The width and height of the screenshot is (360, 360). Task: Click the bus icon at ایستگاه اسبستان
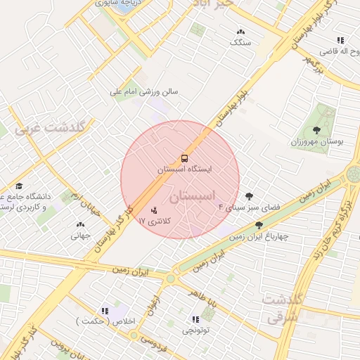(x=184, y=158)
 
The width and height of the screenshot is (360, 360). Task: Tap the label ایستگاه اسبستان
(x=181, y=170)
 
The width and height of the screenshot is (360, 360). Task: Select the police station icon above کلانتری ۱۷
(x=155, y=210)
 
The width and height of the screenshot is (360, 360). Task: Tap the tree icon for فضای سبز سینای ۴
(x=249, y=196)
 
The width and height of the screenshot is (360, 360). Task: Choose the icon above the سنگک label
(x=241, y=32)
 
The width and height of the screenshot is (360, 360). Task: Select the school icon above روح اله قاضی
(x=340, y=40)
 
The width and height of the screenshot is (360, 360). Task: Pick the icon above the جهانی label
(x=79, y=225)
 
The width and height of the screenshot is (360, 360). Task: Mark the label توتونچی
(x=196, y=329)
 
